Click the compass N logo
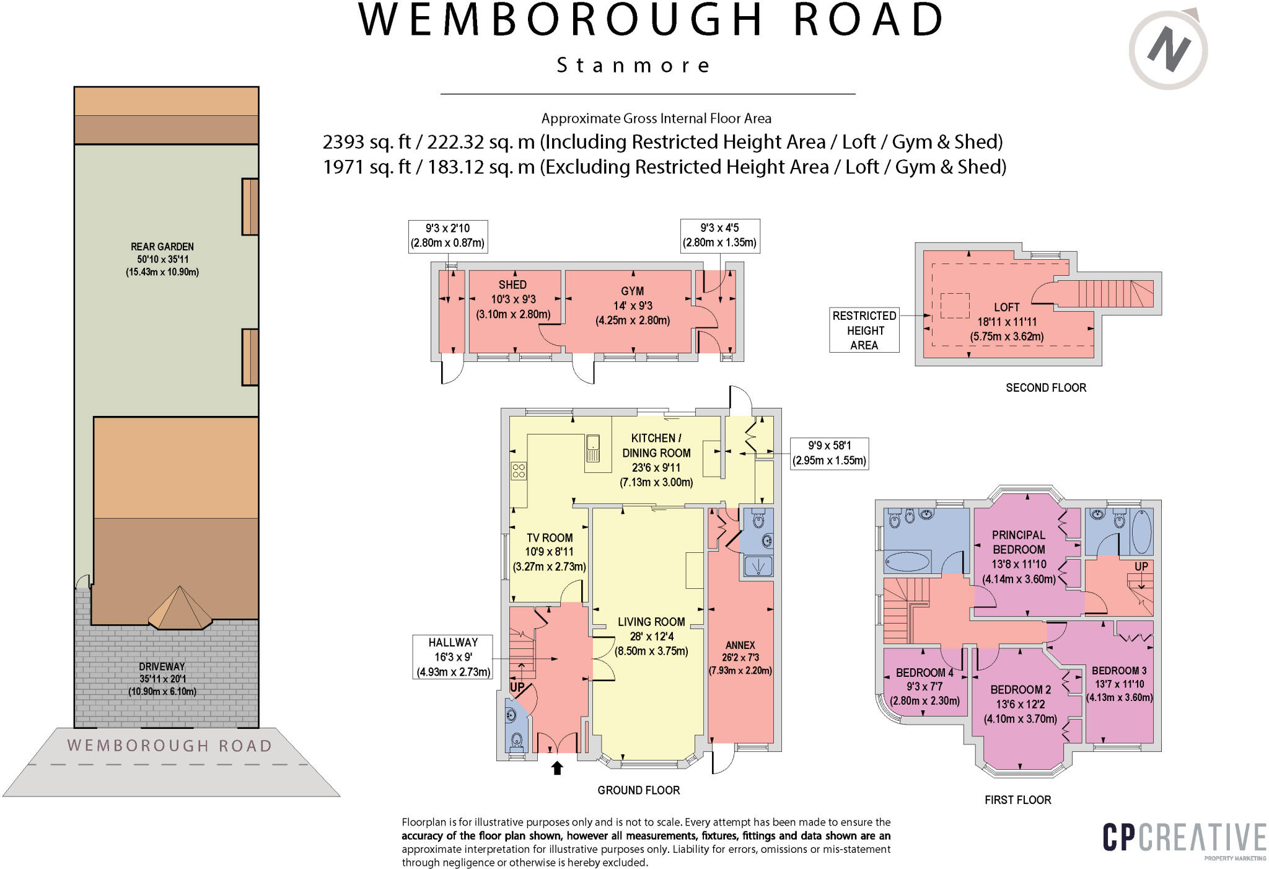[1167, 50]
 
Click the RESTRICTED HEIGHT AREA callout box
[864, 330]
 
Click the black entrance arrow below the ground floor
[557, 768]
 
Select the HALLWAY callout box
[453, 657]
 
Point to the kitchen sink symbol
[592, 448]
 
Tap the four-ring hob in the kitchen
[519, 470]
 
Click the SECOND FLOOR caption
[1045, 388]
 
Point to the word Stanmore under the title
[633, 65]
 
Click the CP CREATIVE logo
[1184, 839]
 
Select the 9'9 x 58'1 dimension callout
[829, 453]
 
